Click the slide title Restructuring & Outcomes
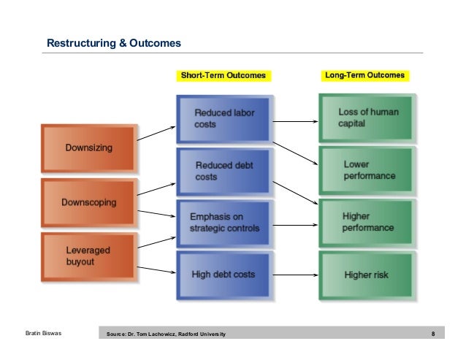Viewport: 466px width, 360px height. [113, 45]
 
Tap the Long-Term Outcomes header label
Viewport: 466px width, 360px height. [363, 75]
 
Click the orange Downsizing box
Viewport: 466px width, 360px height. [88, 148]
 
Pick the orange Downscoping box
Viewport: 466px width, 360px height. [88, 202]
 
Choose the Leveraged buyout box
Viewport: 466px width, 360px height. [88, 254]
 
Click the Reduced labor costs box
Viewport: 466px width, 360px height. [223, 119]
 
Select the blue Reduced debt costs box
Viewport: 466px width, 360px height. [223, 171]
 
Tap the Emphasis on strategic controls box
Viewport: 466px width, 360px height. [223, 222]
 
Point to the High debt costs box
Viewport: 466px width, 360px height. [223, 275]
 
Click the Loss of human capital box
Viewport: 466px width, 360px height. [365, 118]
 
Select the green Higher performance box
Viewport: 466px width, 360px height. [365, 222]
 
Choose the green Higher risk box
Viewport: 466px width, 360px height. [365, 275]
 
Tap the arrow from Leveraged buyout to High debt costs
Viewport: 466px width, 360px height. [156, 271]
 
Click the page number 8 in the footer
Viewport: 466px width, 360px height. [434, 334]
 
